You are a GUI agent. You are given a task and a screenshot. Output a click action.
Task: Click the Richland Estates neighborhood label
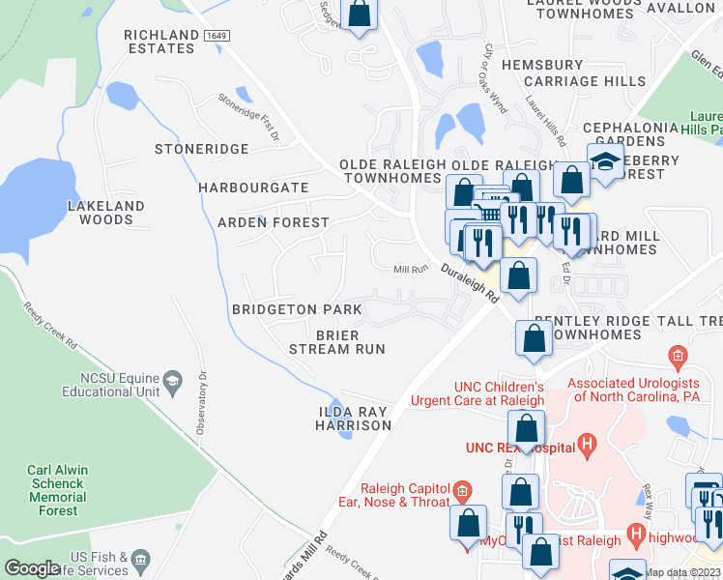click(159, 42)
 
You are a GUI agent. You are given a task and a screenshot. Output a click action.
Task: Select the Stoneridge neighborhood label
click(202, 150)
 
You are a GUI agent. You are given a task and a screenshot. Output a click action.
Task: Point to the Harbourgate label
click(253, 188)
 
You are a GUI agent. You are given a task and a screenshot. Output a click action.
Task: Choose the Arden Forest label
click(274, 222)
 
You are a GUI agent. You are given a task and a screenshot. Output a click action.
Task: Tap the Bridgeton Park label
click(297, 309)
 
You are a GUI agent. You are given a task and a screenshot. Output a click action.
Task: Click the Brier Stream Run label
click(337, 342)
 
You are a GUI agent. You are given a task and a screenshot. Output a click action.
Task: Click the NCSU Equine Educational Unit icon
click(173, 378)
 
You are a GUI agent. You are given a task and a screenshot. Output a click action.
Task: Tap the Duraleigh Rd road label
click(469, 286)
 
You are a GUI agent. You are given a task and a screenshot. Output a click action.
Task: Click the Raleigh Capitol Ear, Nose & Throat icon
click(462, 491)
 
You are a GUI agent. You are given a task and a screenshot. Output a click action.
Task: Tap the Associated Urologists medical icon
click(679, 356)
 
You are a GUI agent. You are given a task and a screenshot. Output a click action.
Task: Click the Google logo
click(32, 568)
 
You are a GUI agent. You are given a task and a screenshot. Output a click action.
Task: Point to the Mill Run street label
click(410, 270)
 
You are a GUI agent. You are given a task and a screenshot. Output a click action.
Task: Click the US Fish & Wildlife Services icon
click(141, 558)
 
